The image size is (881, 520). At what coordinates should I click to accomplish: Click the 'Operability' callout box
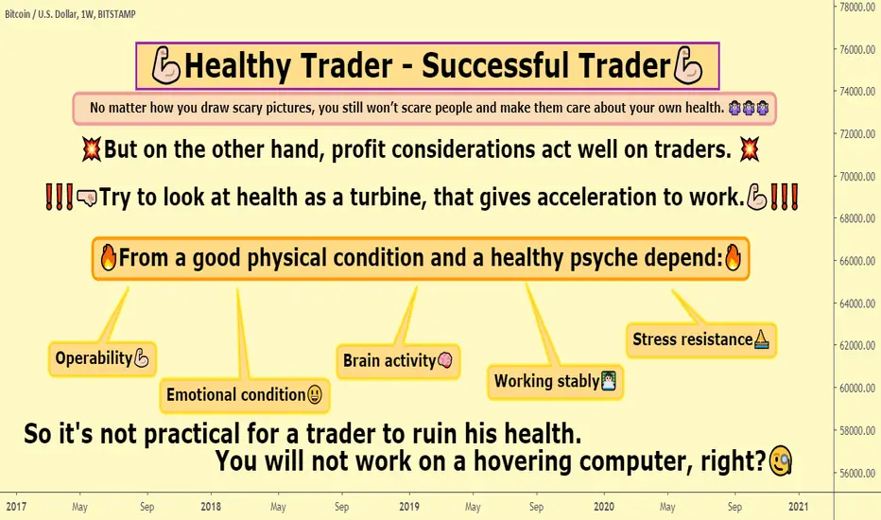(102, 358)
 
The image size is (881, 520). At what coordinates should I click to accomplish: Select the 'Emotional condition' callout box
(245, 395)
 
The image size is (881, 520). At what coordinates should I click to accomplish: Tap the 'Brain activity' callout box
(398, 361)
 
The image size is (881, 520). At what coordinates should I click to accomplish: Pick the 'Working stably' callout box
(555, 382)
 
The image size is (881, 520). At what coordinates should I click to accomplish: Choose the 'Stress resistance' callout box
(701, 340)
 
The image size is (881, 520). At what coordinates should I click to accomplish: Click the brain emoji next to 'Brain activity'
(445, 360)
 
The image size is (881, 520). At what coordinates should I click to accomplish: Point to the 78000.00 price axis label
(857, 8)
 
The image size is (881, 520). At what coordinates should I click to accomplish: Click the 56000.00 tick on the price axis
(857, 474)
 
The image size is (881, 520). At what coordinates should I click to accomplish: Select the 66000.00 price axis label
(857, 261)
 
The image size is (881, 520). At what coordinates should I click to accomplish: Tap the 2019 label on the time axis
(409, 507)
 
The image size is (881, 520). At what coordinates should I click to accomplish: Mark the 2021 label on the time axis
(799, 507)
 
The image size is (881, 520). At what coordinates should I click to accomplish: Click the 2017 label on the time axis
(16, 507)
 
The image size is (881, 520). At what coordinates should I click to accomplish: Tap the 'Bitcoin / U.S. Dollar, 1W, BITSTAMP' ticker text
(70, 14)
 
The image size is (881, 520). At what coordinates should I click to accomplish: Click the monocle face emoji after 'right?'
(781, 461)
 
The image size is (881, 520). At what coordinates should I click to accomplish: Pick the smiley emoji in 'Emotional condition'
(315, 394)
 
